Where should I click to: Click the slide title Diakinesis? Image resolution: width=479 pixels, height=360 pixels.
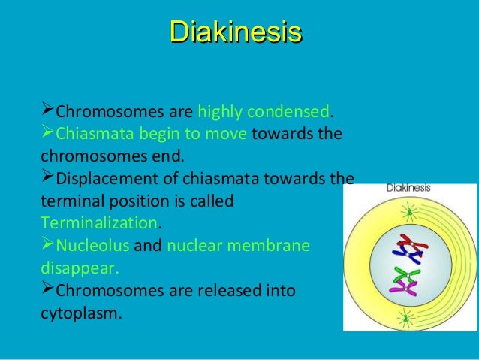pyautogui.click(x=235, y=32)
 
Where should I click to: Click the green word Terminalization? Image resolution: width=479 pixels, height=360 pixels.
pyautogui.click(x=100, y=224)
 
